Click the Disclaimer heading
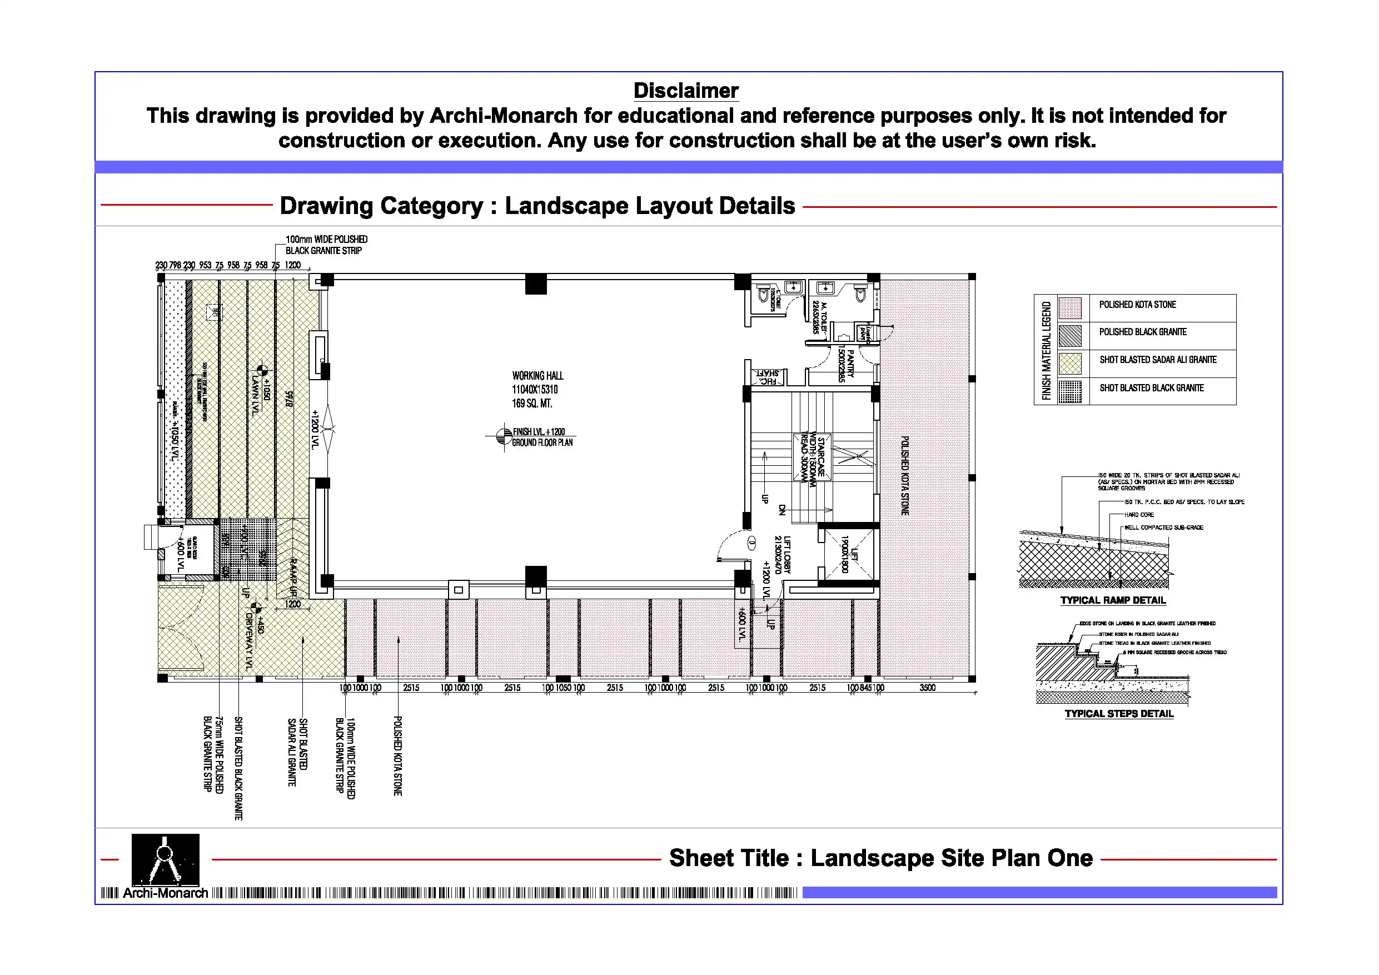[x=685, y=91]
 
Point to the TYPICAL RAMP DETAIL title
[x=1112, y=600]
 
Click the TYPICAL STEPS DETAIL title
[x=1118, y=714]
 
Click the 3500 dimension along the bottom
[x=927, y=687]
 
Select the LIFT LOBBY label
[x=787, y=554]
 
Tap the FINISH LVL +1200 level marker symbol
[x=504, y=437]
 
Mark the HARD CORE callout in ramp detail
[x=1139, y=515]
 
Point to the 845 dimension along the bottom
[x=865, y=687]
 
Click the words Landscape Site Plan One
[x=952, y=858]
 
